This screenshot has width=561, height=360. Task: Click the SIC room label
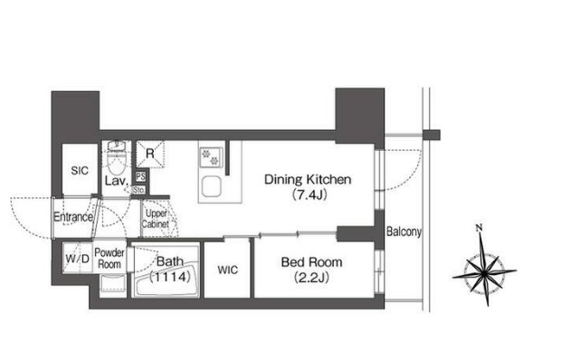(80, 171)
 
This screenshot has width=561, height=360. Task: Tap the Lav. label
(117, 181)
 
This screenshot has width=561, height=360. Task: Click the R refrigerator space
(150, 154)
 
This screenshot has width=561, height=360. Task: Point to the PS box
(140, 177)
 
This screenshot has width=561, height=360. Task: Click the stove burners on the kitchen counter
(211, 157)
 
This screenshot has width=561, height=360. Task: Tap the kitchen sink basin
(211, 187)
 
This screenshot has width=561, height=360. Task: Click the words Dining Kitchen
(308, 179)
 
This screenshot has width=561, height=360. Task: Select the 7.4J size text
(309, 195)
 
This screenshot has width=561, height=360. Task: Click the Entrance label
(73, 217)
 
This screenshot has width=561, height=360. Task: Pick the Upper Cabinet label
(156, 219)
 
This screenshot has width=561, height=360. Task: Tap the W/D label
(78, 259)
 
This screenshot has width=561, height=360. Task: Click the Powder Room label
(109, 259)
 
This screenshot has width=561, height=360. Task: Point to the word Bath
(170, 261)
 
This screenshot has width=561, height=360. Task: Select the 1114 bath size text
(170, 277)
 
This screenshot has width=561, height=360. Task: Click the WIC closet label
(227, 270)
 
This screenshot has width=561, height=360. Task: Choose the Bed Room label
(311, 262)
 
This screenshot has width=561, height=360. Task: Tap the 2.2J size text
(311, 278)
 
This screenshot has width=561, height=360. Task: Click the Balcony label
(404, 232)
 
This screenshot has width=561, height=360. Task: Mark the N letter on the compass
(479, 227)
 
